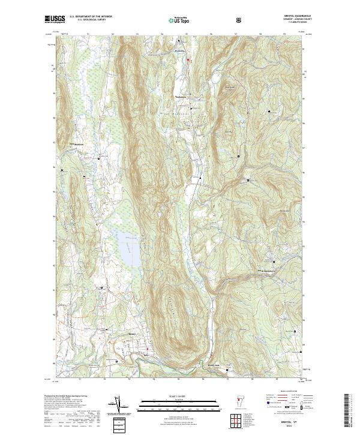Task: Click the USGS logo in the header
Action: click(x=55, y=20)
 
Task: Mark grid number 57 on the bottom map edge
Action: click(x=227, y=379)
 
